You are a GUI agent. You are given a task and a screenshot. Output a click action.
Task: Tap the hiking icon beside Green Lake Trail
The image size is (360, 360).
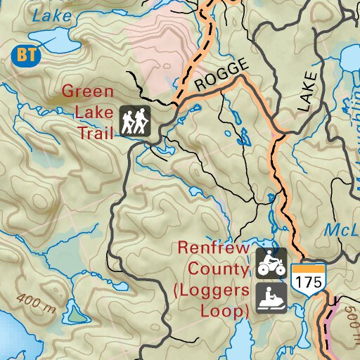[x=135, y=122]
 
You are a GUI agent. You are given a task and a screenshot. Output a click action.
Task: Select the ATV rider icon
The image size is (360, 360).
[x=271, y=262]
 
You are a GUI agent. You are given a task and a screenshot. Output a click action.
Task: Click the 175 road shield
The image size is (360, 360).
[x=309, y=278]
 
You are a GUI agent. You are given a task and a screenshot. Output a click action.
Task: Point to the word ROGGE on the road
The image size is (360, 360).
[x=222, y=75]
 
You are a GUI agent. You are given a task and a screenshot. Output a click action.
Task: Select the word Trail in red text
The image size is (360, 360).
[x=95, y=131]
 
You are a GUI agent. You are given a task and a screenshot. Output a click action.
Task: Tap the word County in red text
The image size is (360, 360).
[x=218, y=269]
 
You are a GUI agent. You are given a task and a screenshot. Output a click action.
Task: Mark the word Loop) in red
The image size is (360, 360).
[x=226, y=310]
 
